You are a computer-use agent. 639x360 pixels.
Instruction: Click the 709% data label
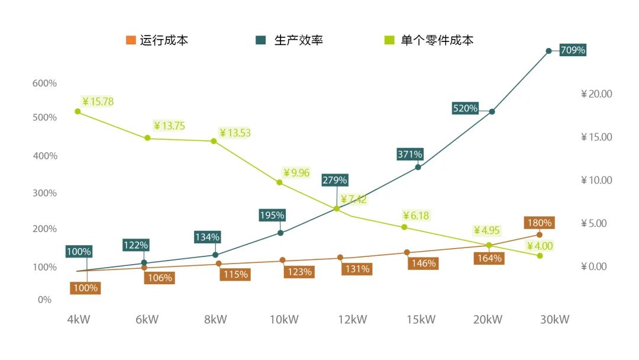(x=572, y=50)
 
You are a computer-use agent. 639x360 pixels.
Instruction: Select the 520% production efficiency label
(x=465, y=108)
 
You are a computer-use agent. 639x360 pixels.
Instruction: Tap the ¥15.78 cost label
(x=98, y=102)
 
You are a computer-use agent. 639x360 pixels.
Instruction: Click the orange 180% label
(x=539, y=223)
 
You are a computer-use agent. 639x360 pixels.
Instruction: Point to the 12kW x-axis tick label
(x=353, y=320)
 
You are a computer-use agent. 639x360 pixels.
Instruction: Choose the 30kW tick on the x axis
(x=555, y=320)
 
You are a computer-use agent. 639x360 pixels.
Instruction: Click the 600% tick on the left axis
(x=44, y=83)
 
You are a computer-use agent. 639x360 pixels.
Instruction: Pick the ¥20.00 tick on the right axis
(x=596, y=94)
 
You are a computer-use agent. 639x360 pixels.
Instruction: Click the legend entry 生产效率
(x=298, y=41)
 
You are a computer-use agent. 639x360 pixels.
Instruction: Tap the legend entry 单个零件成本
(x=437, y=41)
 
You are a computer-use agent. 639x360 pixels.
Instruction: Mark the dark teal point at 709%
(x=548, y=51)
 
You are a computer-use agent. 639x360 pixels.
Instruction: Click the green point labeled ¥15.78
(x=78, y=111)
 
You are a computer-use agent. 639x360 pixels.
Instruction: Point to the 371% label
(x=410, y=155)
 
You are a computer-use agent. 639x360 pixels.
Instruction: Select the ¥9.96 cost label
(x=296, y=173)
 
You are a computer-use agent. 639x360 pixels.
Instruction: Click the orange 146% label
(x=422, y=263)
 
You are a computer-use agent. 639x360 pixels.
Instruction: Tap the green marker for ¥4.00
(x=540, y=256)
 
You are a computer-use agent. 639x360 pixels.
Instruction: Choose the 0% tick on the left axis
(x=45, y=300)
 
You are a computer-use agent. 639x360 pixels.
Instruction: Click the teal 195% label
(x=272, y=216)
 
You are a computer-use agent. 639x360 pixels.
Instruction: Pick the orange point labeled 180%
(x=540, y=235)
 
